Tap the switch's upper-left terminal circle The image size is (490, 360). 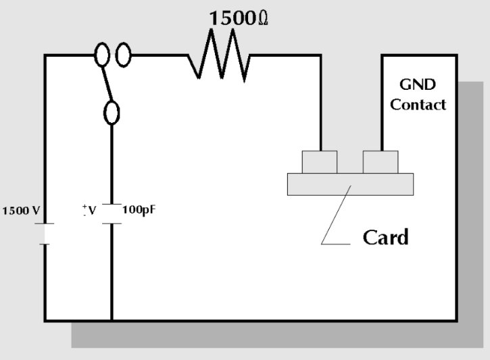point(103,57)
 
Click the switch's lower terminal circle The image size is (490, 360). point(112,111)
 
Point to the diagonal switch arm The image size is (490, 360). point(107,84)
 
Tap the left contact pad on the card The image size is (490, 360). point(319,162)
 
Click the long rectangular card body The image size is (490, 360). point(349,184)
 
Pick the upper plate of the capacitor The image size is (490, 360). point(112,203)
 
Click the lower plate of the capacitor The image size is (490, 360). point(112,224)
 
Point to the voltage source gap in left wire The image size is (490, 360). point(45,233)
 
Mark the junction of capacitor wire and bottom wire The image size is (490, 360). point(112,320)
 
